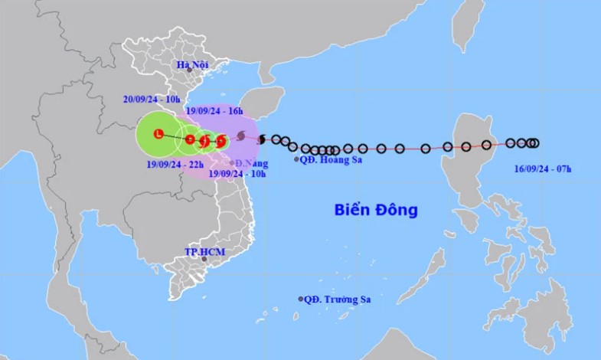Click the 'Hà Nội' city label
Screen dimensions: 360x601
coord(192,65)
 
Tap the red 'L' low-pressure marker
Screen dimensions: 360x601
coord(158,135)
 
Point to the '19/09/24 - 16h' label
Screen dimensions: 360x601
coord(214,111)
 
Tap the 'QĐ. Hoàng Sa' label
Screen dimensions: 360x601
coord(330,159)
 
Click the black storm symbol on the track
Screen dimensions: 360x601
coord(262,139)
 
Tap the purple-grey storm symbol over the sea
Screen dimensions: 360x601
coord(241,136)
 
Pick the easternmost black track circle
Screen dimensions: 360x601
coord(534,142)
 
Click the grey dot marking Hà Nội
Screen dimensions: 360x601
coord(189,70)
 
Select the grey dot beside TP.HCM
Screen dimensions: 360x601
coord(204,259)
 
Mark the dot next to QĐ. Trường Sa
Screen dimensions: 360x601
coord(301,299)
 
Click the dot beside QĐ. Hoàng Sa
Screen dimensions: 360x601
coord(296,159)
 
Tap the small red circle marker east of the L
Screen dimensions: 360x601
coord(190,139)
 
